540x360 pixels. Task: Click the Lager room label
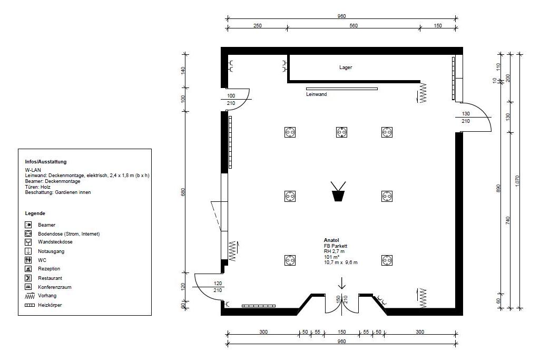pos(346,67)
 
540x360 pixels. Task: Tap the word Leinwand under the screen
pos(317,94)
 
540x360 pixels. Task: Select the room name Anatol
pos(332,240)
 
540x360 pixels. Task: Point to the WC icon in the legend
pos(28,260)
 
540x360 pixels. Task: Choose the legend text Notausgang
pos(51,251)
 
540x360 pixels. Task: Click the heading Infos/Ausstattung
pos(46,162)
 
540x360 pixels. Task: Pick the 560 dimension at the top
pos(353,26)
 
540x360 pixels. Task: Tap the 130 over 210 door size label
pos(466,118)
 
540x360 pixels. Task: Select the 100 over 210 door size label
pos(231,100)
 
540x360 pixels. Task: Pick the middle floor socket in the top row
pos(341,132)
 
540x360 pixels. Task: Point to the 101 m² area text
pos(332,257)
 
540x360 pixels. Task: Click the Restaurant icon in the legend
pos(28,278)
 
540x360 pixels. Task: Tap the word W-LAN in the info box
pos(33,170)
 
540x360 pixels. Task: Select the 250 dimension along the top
pos(257,26)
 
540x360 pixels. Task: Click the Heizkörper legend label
pos(50,305)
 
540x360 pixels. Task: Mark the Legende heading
pos(35,213)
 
